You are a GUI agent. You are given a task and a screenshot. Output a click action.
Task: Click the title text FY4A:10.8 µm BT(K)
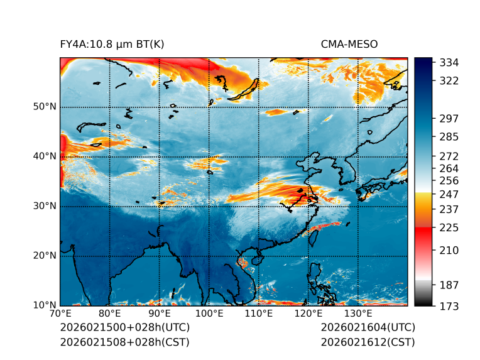pos(112,44)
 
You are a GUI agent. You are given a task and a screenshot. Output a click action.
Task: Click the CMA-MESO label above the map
pos(349,44)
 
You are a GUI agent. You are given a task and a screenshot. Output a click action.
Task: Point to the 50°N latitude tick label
pos(45,107)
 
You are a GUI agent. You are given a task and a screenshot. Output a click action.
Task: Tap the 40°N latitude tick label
pos(45,156)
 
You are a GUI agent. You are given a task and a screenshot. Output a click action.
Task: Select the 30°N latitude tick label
pos(45,206)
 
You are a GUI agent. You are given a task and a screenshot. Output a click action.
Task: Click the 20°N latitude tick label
pos(45,256)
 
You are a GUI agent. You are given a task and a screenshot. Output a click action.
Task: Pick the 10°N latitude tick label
pos(45,306)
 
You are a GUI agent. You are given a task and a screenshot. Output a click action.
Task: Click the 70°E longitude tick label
pos(60,314)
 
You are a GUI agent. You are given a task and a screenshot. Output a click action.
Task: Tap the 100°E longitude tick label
pos(209,314)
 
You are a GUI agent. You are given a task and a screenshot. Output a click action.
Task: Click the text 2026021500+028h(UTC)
pos(124,327)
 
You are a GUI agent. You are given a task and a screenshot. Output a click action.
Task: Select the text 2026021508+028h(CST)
pos(124,342)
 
